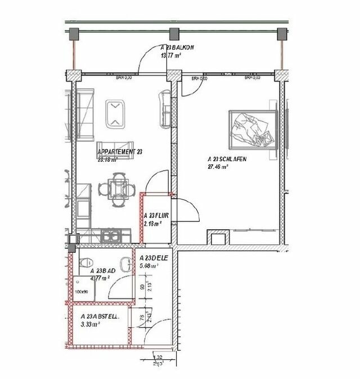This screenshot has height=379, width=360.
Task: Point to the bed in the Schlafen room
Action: [253, 129]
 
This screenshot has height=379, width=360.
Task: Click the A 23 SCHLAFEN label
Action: [227, 159]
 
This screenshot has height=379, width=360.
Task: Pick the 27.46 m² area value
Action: [218, 167]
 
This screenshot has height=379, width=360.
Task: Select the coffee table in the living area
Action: [116, 113]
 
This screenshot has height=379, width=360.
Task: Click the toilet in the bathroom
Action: [86, 262]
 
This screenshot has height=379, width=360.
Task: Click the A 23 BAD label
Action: [103, 271]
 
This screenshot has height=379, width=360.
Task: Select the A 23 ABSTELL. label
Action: [100, 317]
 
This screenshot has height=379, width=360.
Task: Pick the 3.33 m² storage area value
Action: [90, 324]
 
